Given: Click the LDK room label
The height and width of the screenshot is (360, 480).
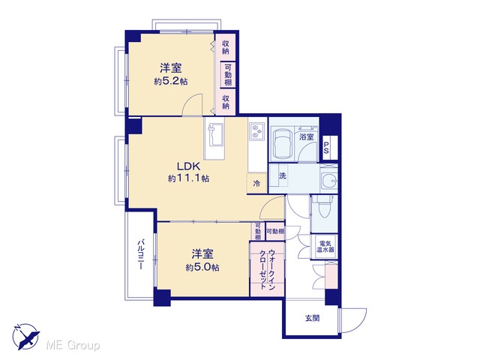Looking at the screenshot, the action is tap(188, 166).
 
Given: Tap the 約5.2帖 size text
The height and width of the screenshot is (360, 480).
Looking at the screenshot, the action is tap(171, 82).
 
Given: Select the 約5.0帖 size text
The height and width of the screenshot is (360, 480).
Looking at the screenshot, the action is tap(202, 268).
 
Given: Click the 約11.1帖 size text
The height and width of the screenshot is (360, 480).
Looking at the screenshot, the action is tap(188, 178).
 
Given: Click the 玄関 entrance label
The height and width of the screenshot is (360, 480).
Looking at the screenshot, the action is tap(312, 318).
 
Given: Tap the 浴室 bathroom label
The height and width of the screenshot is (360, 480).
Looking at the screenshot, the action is tap(307, 136).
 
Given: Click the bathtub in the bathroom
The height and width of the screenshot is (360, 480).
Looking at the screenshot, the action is tap(282, 143).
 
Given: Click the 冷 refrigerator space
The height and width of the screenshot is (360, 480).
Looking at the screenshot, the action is tap(256, 183).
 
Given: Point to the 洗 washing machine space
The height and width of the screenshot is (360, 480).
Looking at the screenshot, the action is tap(283, 175).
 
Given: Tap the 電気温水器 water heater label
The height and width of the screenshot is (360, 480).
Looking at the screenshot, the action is tap(325, 247).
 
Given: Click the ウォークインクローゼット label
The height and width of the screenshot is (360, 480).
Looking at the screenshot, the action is tap(268, 270).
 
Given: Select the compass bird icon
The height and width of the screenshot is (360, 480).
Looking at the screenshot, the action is tap(26, 337).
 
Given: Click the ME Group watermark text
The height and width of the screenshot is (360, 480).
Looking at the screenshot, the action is tap(73, 345).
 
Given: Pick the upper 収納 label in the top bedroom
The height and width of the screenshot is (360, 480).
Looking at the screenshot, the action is tap(226, 47).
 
